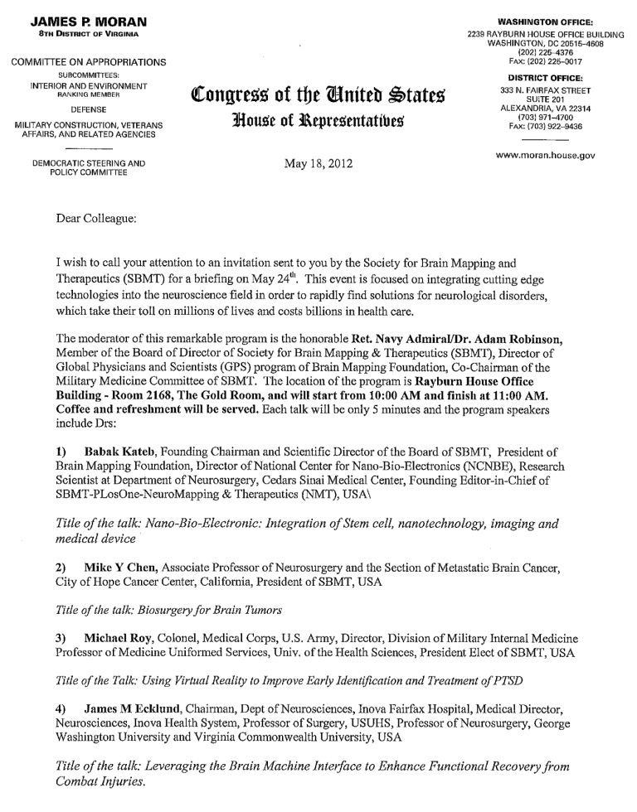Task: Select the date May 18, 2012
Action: (x=318, y=163)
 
